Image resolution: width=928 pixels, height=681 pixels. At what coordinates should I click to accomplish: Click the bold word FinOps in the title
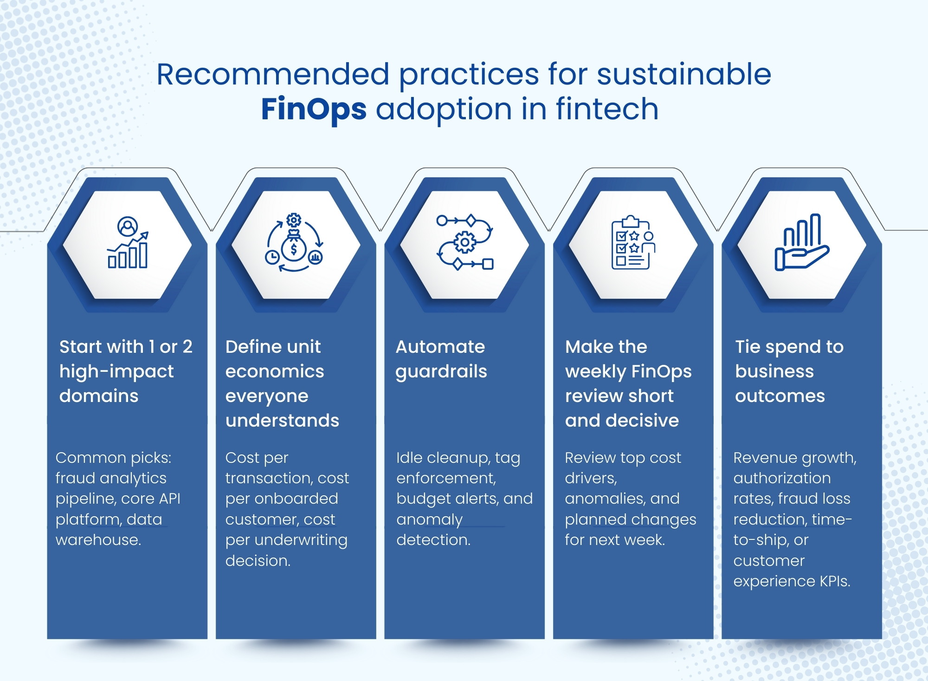(314, 110)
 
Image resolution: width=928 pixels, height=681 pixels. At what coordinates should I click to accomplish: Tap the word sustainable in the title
(683, 75)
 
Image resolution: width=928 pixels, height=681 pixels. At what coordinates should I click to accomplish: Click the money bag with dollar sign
(293, 247)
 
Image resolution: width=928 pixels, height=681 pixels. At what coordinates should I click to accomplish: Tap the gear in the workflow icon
(464, 242)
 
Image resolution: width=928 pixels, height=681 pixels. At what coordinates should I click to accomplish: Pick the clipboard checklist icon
(632, 243)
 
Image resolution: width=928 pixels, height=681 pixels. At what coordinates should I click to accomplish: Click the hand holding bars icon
(801, 243)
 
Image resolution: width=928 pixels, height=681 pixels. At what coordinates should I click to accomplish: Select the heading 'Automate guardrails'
(441, 359)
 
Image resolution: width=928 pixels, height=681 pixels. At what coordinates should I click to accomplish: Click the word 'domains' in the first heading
(99, 396)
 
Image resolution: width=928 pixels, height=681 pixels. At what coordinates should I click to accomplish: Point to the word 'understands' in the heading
(282, 421)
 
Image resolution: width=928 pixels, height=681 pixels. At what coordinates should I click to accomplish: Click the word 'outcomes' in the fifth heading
(780, 396)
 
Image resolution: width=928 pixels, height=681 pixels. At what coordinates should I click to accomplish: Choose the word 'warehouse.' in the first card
(98, 540)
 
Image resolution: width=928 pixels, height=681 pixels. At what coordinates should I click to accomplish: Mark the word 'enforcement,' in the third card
(446, 478)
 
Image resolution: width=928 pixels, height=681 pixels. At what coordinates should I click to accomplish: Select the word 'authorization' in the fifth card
(782, 478)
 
